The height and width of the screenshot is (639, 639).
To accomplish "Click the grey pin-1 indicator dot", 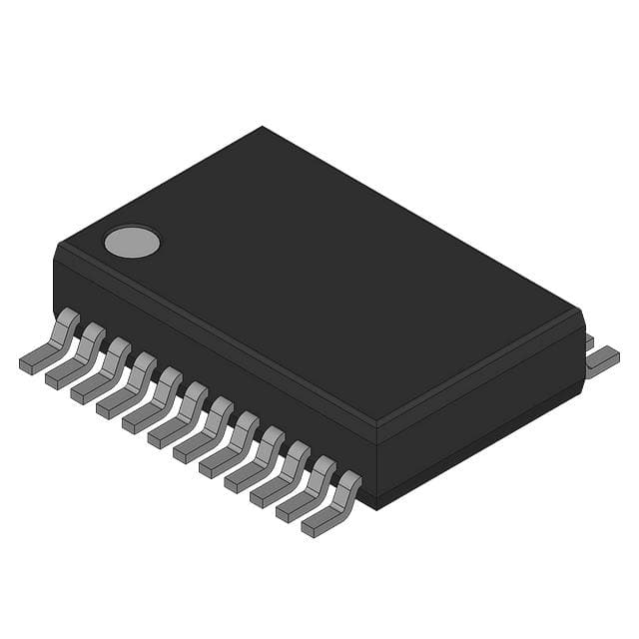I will click(132, 241).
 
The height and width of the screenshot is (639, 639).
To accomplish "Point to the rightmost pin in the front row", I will click(332, 505).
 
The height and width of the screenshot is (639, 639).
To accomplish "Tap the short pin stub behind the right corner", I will click(588, 341).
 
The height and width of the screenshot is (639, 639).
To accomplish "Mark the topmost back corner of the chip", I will click(263, 128).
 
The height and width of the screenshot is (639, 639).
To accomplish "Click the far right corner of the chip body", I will click(581, 312).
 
